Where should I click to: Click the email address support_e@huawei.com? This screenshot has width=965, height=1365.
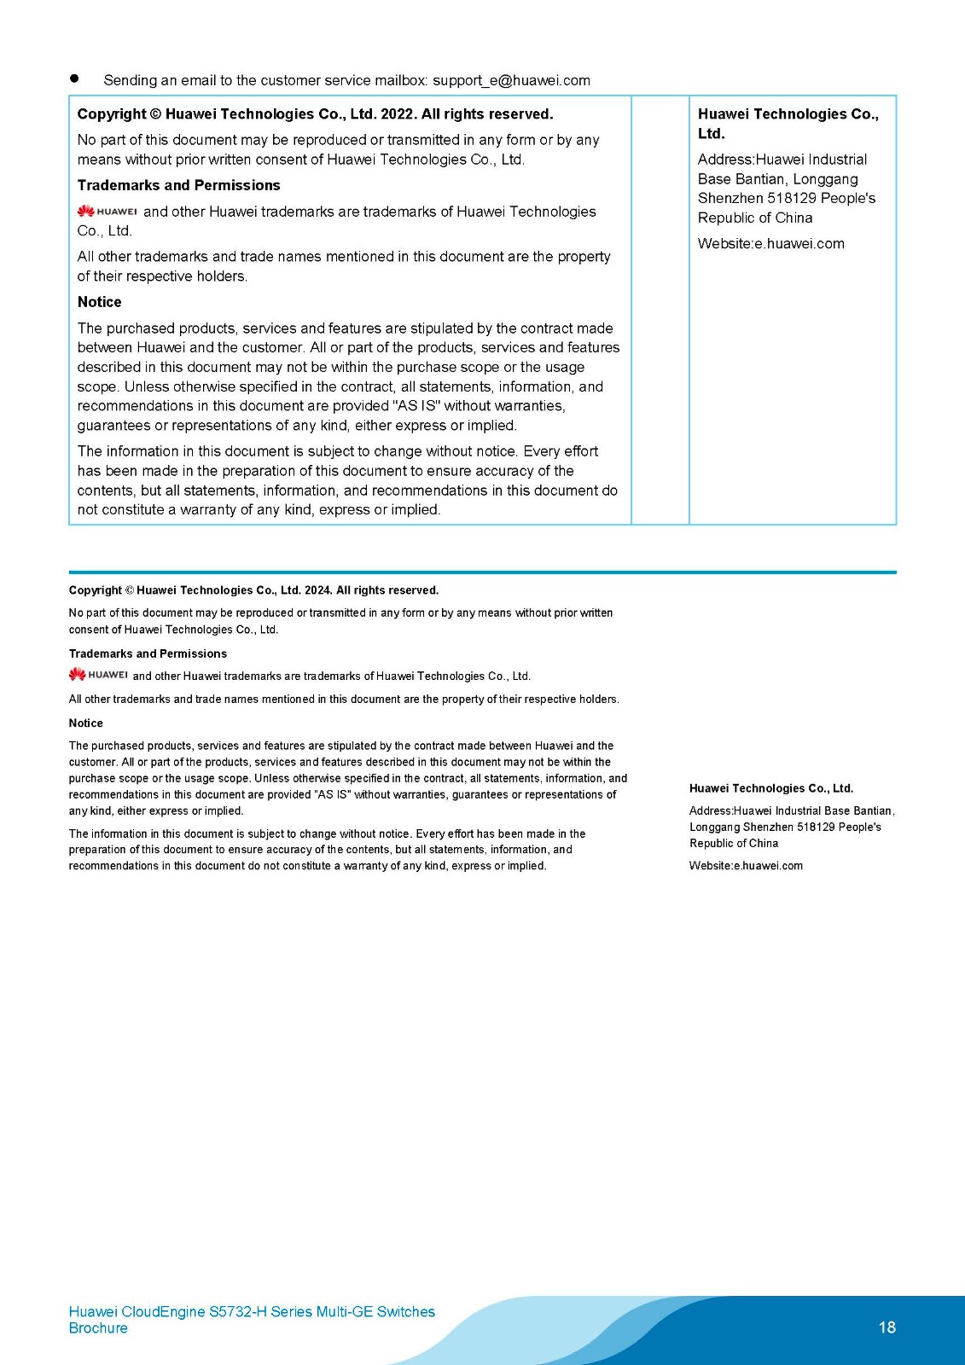click(x=511, y=80)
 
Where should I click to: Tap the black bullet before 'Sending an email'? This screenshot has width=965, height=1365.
click(x=74, y=78)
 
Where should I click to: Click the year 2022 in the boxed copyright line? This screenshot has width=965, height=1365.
click(x=397, y=114)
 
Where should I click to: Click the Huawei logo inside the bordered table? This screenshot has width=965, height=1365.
click(x=107, y=212)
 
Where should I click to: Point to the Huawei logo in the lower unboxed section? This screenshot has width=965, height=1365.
click(x=98, y=675)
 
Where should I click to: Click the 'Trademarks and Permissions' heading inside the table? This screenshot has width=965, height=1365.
click(x=178, y=185)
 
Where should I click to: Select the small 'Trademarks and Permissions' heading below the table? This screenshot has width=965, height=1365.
click(x=148, y=653)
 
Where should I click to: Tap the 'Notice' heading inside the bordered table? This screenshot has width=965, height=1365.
click(x=99, y=302)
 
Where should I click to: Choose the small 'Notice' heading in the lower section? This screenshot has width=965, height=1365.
click(x=85, y=723)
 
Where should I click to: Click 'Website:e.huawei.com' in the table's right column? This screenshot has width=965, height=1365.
click(x=770, y=243)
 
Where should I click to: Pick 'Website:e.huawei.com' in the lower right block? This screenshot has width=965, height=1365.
click(x=746, y=866)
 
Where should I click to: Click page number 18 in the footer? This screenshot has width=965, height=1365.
click(x=887, y=1327)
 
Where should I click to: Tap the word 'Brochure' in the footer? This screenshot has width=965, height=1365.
click(x=98, y=1328)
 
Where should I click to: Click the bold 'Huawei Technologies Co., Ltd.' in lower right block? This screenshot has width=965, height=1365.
click(x=770, y=788)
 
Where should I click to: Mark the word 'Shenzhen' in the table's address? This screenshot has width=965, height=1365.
click(x=730, y=198)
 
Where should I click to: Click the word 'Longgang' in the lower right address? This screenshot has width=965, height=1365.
click(x=713, y=828)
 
